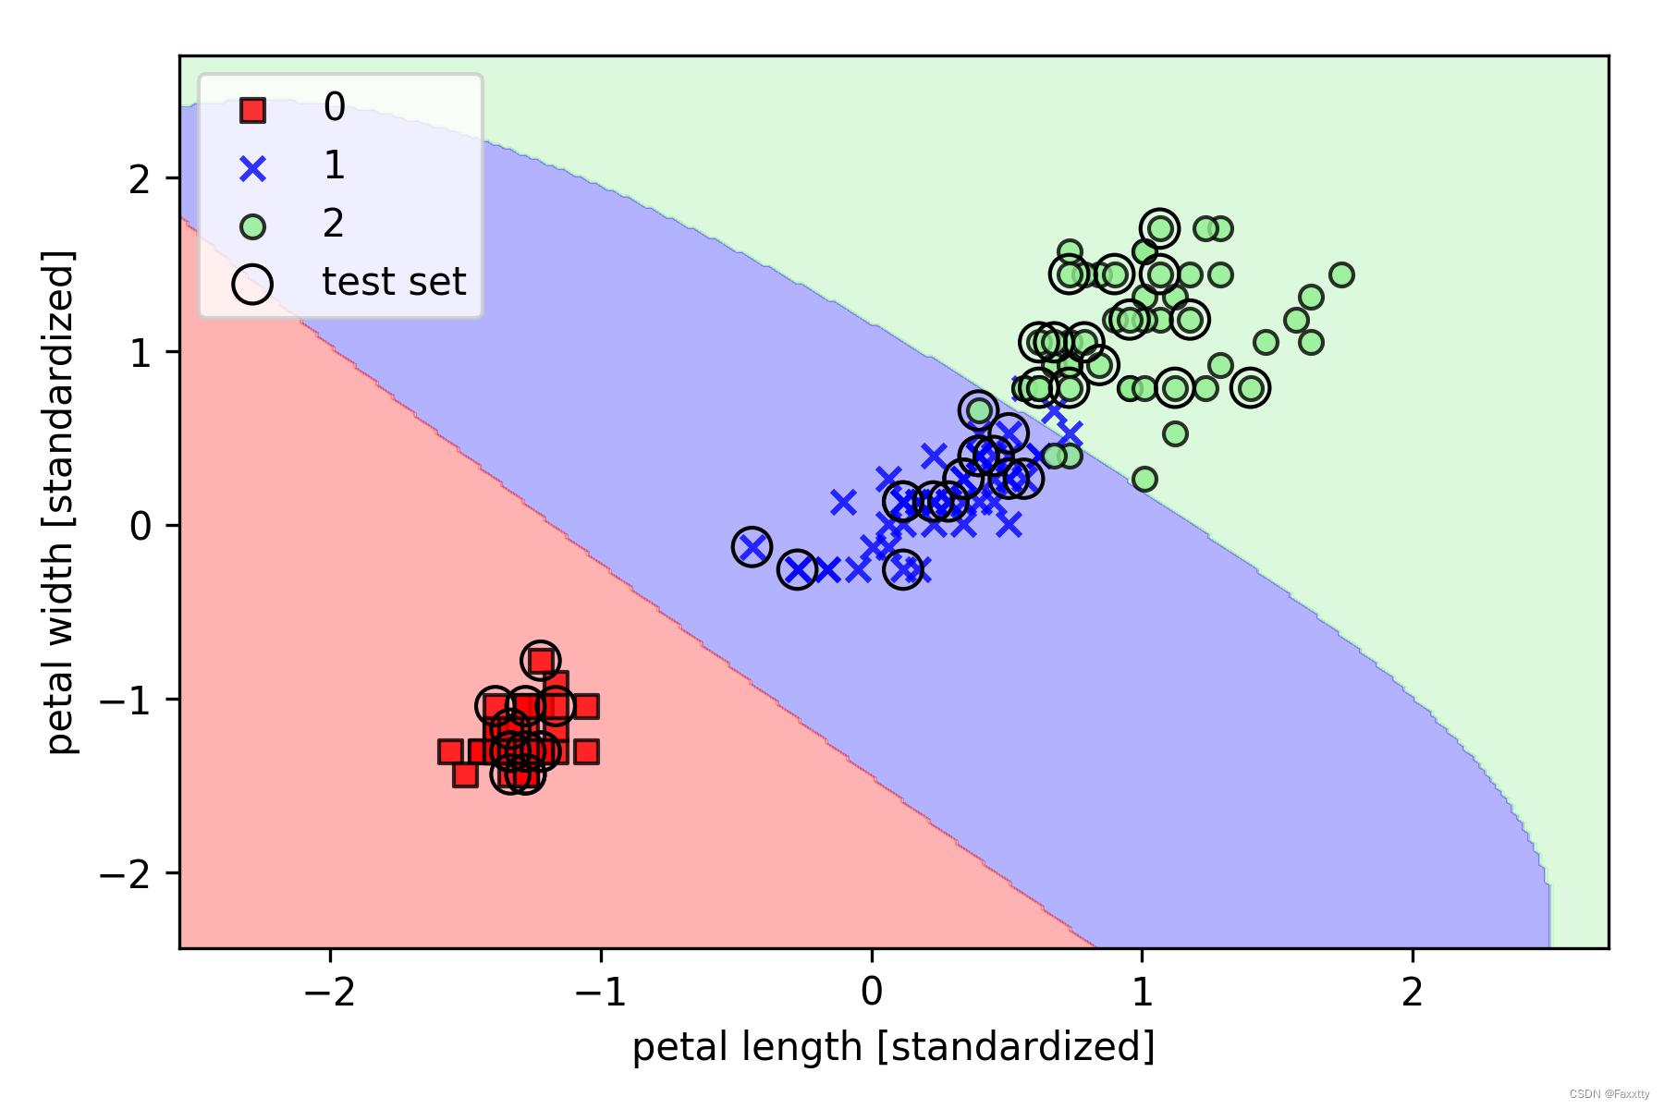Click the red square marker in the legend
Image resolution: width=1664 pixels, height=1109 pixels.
tap(252, 111)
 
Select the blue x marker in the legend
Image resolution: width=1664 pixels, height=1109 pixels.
tap(252, 169)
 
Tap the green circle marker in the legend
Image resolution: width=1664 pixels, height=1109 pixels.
tap(252, 226)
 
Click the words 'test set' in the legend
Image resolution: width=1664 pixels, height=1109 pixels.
tap(394, 282)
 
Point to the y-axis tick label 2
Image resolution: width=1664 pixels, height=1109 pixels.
tap(140, 178)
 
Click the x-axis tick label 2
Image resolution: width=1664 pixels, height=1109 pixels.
tap(1412, 993)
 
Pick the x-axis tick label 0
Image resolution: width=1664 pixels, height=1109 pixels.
tap(871, 993)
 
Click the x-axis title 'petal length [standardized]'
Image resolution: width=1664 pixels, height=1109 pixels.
tap(893, 1048)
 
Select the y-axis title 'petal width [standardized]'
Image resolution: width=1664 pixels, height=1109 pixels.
tap(59, 502)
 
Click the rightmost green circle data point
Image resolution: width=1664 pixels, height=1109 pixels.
tap(1341, 274)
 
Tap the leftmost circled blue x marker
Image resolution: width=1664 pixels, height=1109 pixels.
tap(752, 547)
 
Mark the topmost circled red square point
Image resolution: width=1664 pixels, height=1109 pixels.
tap(541, 661)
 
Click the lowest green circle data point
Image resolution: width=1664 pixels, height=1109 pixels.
tap(1144, 479)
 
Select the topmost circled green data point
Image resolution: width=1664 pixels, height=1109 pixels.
tap(1159, 228)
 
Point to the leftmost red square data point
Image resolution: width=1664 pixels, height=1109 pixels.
tap(450, 751)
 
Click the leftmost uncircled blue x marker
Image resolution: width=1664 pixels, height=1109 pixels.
tap(827, 569)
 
